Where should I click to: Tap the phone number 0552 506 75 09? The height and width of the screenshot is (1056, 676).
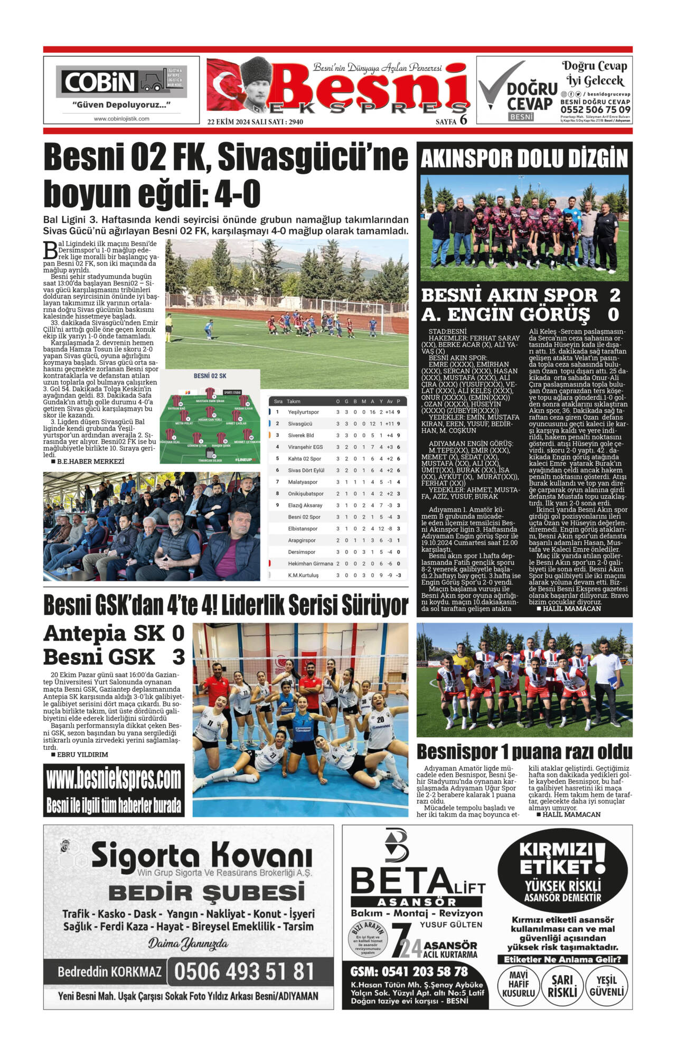(x=595, y=110)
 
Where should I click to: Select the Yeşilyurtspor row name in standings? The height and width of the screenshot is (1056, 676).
(x=303, y=412)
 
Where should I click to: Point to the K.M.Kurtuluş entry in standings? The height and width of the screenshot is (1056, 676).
(x=303, y=575)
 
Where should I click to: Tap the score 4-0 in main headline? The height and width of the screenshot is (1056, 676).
(x=237, y=194)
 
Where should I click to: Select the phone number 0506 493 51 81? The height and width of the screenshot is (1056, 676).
(x=244, y=972)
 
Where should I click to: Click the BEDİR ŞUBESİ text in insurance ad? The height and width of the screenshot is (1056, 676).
(x=206, y=893)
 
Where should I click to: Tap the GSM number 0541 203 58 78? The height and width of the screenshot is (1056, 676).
(x=409, y=971)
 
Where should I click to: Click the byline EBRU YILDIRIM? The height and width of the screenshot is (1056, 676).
(x=82, y=755)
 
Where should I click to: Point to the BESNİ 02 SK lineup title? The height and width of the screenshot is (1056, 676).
(x=210, y=376)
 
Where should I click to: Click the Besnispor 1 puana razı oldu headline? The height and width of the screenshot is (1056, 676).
(x=524, y=751)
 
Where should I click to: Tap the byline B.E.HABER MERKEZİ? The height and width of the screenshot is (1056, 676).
(x=90, y=461)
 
